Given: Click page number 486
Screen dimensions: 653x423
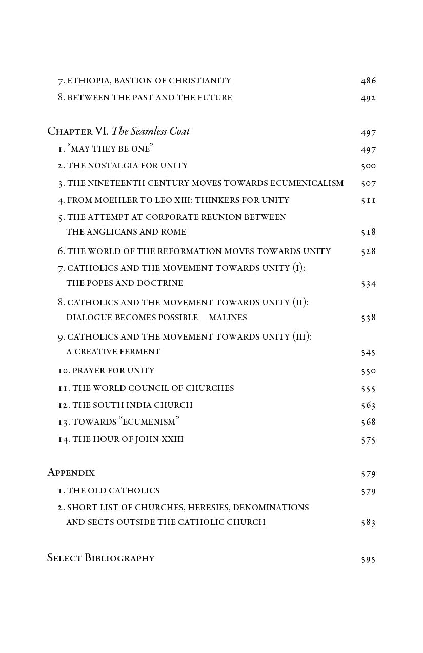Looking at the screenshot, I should [x=368, y=81].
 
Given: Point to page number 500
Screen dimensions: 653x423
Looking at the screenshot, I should [x=368, y=166].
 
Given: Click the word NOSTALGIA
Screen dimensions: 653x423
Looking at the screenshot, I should [x=114, y=166].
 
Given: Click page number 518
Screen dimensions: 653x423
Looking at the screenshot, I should [x=368, y=232].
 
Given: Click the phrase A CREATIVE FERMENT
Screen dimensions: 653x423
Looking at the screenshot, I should [x=113, y=352].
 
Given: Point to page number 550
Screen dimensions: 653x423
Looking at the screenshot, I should [x=368, y=371].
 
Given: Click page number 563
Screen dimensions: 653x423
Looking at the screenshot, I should [x=368, y=405].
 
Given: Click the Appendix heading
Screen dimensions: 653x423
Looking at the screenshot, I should [x=71, y=472].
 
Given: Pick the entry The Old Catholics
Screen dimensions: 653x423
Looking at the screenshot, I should [x=113, y=491].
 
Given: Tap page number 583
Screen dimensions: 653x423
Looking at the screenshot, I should [x=368, y=523].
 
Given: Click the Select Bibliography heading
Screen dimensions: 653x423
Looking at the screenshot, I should [x=100, y=558].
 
